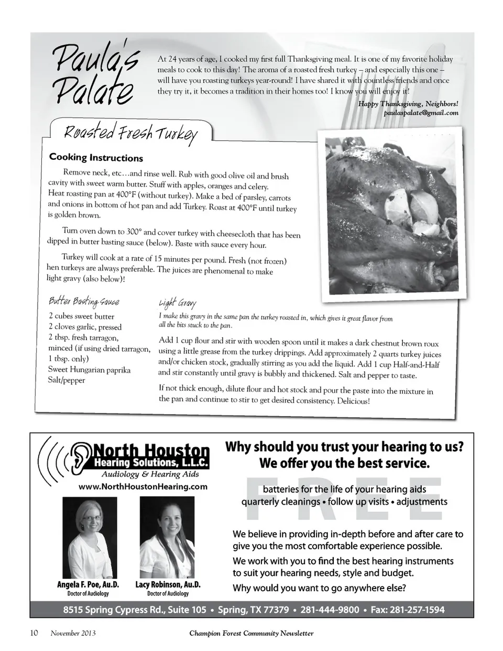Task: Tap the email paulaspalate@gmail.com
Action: pos(421,113)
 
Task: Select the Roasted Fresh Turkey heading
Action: pos(130,134)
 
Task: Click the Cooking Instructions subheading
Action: pos(96,158)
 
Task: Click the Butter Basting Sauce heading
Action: pos(84,301)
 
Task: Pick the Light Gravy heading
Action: pos(178,303)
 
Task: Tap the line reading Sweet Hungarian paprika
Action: pos(89,370)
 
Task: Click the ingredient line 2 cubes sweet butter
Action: pos(81,316)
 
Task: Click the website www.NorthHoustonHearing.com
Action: pos(143,486)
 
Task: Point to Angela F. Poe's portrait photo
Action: pos(90,537)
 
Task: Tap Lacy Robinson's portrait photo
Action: pos(167,537)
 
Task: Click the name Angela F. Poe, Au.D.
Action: pos(88,584)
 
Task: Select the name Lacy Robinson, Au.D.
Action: pos(168,584)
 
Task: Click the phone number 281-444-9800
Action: pos(330,610)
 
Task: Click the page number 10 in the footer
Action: pos(34,633)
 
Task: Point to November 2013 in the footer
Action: pos(73,633)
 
